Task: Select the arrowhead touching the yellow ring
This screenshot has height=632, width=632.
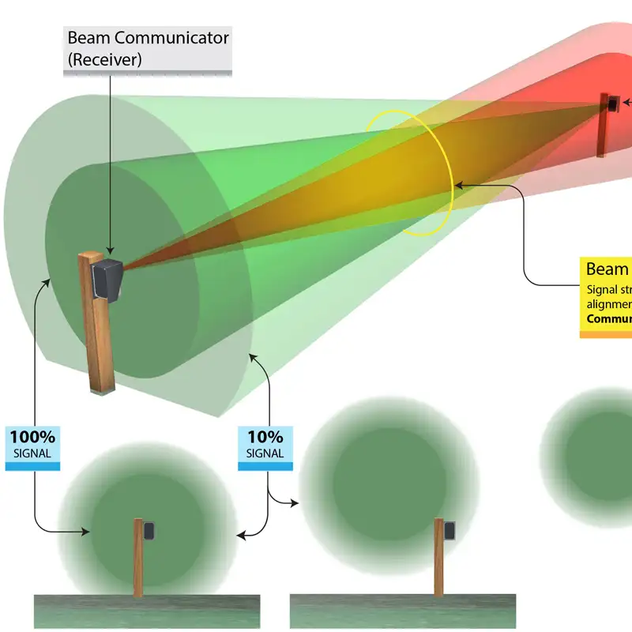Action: pos(458,184)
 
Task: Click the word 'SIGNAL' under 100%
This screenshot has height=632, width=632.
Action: pos(32,453)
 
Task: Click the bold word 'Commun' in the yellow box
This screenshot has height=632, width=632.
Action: pos(609,320)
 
